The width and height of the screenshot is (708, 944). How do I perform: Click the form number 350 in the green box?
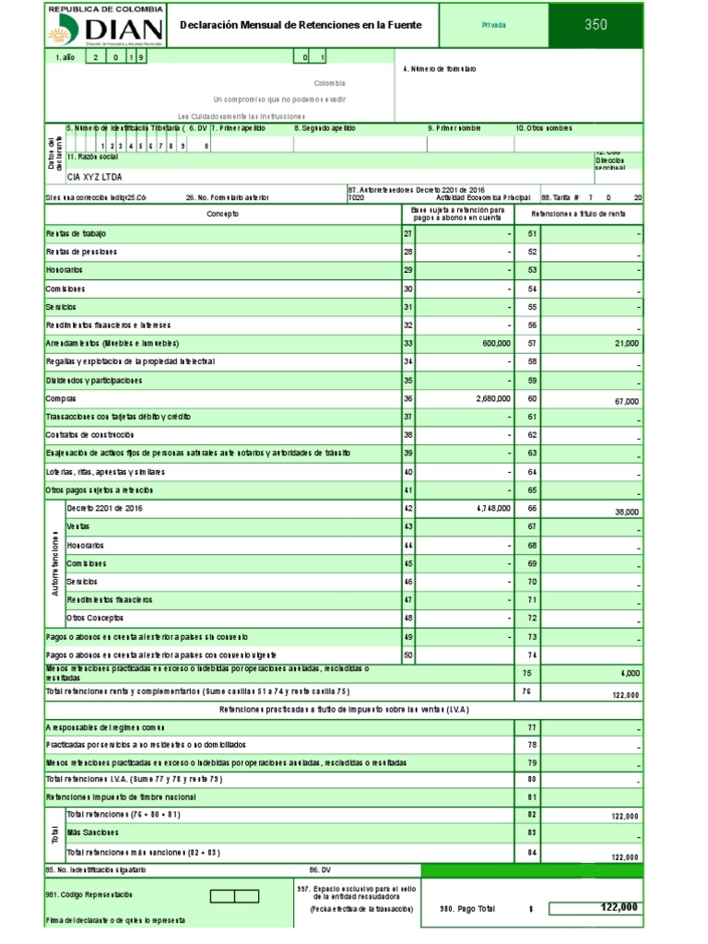coord(596,26)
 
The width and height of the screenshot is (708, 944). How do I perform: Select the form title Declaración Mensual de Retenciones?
coord(300,26)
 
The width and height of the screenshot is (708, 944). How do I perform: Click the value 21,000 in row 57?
coord(625,343)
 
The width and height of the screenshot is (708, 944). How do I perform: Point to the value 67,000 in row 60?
coord(625,402)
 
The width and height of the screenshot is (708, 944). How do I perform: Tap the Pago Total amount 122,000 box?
coord(595,908)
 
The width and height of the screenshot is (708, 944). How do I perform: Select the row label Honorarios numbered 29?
coord(64,270)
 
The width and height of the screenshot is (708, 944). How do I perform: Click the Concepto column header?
coord(222,214)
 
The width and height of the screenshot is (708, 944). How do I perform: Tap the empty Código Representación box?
coord(234,895)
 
